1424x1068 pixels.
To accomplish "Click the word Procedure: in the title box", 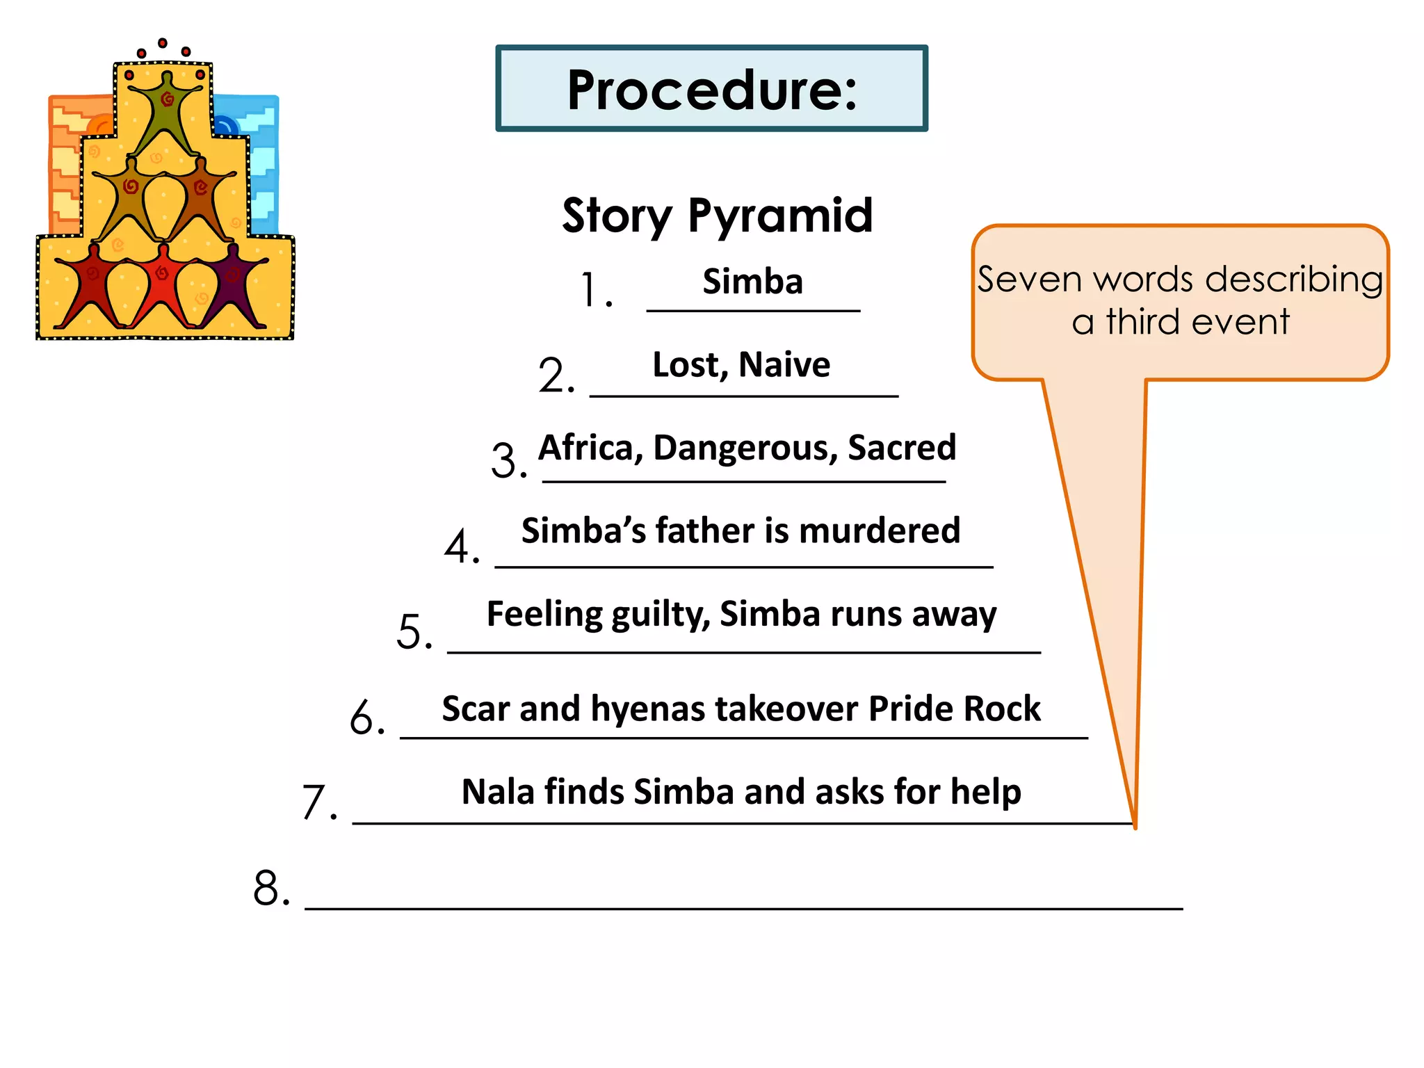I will (x=712, y=90).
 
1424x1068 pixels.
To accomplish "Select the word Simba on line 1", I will (x=752, y=282).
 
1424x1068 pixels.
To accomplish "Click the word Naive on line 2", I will (x=784, y=365).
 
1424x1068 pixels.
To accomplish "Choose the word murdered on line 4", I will (x=880, y=531).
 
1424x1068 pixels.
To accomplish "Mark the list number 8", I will (x=271, y=888).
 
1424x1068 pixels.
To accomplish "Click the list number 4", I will (x=462, y=547).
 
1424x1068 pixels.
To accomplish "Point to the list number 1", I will (x=596, y=290).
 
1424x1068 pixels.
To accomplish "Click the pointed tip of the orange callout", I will (x=1135, y=825).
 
